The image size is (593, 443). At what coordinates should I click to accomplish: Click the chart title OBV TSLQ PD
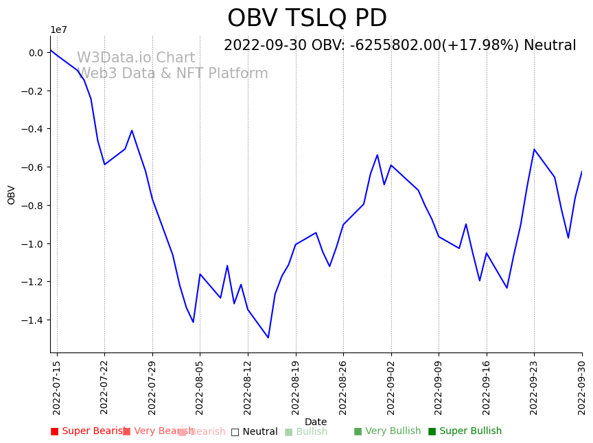(307, 19)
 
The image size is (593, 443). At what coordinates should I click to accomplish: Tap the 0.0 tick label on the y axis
(36, 53)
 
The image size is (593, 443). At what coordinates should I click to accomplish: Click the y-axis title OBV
(12, 195)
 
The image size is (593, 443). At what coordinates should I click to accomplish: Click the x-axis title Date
(316, 422)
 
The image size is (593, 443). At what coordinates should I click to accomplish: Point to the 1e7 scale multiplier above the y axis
(58, 29)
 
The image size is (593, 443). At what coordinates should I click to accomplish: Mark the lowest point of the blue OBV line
(268, 337)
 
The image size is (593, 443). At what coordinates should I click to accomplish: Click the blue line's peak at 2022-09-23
(534, 149)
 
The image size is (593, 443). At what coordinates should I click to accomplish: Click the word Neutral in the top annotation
(550, 46)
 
